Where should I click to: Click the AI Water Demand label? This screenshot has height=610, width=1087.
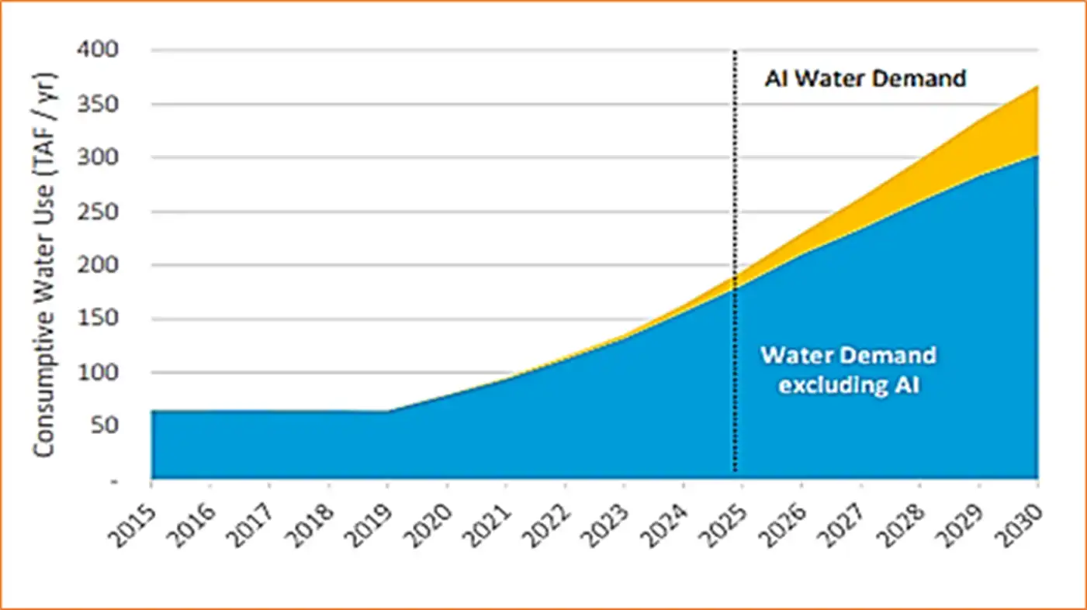click(x=865, y=79)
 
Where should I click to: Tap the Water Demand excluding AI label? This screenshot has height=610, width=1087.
click(x=848, y=370)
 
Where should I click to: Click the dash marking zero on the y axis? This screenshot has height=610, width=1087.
click(x=115, y=480)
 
